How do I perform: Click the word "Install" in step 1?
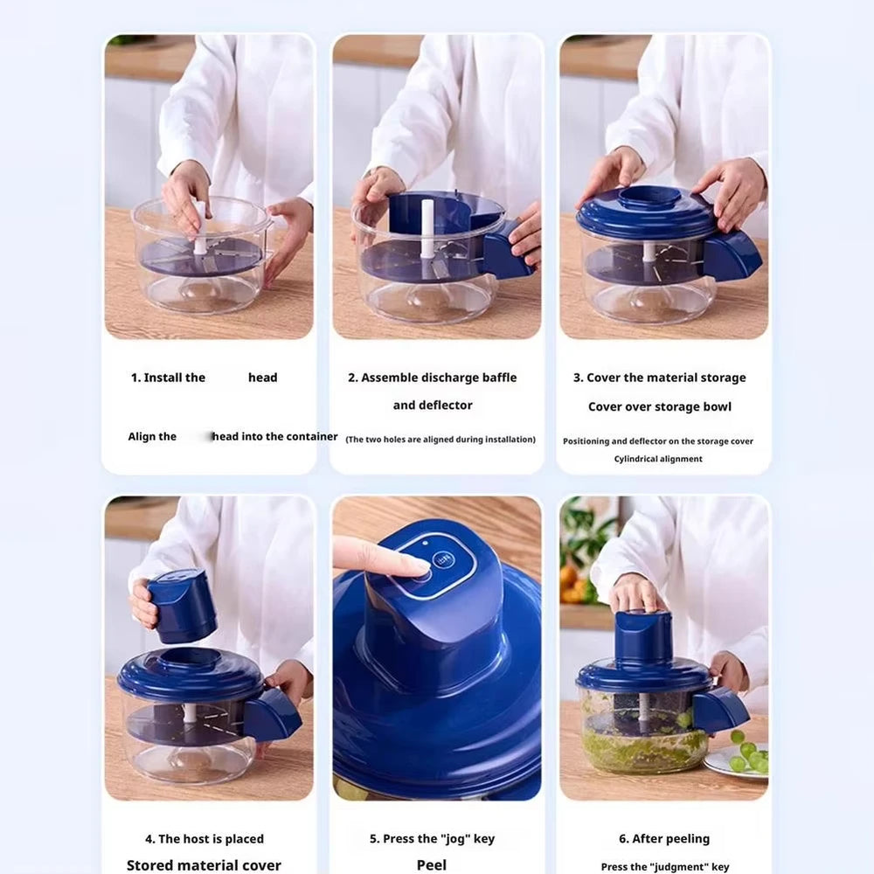pos(163,378)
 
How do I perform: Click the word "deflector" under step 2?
pos(445,406)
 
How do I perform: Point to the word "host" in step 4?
pos(196,839)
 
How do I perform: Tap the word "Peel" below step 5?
pos(432,864)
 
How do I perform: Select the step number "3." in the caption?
pos(578,378)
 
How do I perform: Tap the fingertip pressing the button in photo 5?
pos(411,566)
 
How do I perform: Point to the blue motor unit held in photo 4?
pos(182,606)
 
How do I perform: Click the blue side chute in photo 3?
pos(732,255)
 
